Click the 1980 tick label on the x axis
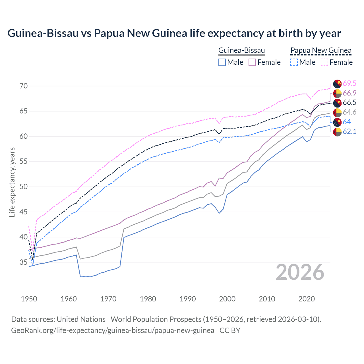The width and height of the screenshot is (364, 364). click(x=148, y=299)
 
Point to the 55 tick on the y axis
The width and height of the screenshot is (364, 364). click(x=24, y=162)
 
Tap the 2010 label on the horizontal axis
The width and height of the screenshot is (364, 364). click(x=267, y=299)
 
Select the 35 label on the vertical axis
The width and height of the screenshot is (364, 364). click(x=24, y=262)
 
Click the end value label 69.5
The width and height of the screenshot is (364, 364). click(x=349, y=83)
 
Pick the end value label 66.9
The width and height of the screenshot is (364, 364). click(x=349, y=93)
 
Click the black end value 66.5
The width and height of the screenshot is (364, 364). click(x=349, y=103)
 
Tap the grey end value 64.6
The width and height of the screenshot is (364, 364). click(x=349, y=112)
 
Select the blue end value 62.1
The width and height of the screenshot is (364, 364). click(x=349, y=131)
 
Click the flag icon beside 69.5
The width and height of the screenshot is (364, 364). click(x=338, y=84)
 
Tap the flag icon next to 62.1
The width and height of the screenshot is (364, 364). click(x=338, y=132)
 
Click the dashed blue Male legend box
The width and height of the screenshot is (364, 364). click(x=294, y=62)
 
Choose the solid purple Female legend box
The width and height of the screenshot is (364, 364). click(x=252, y=62)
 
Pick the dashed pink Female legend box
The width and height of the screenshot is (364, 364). click(x=324, y=62)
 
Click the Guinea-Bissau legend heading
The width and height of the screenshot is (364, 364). click(x=241, y=51)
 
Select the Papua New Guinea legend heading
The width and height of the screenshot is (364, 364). click(x=321, y=51)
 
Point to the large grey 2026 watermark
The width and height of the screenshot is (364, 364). click(x=300, y=272)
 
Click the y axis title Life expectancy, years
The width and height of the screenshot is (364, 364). click(x=12, y=182)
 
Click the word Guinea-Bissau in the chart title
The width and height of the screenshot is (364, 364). click(x=43, y=33)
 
